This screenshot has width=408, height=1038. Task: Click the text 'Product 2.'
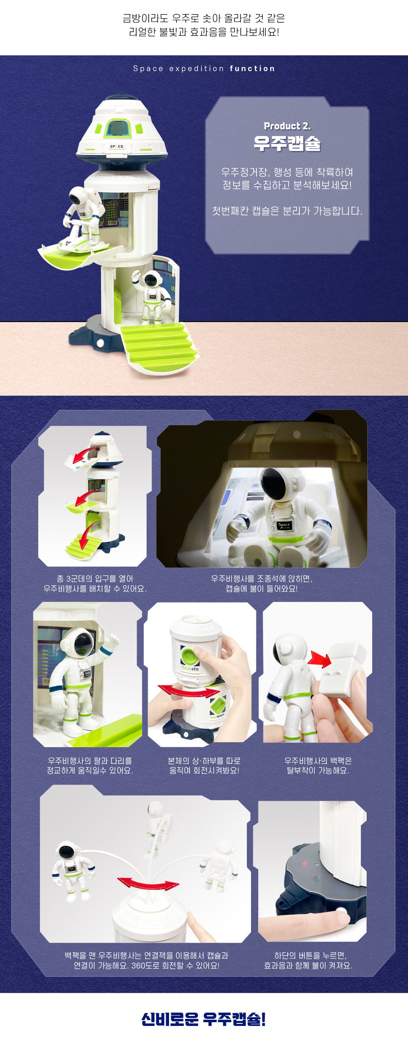click(287, 126)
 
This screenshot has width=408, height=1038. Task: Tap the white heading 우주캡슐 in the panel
click(287, 144)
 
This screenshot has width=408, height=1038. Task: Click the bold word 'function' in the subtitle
click(252, 69)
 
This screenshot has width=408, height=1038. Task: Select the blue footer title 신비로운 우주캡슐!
click(204, 1019)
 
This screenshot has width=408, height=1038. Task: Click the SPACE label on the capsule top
click(117, 146)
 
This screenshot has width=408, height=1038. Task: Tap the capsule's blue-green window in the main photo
click(118, 127)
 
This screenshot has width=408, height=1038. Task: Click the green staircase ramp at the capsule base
click(160, 343)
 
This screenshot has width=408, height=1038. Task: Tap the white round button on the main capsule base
click(100, 343)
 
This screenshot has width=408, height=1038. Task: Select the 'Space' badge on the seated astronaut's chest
click(284, 525)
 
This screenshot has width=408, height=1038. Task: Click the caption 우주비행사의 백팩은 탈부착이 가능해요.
click(318, 765)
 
